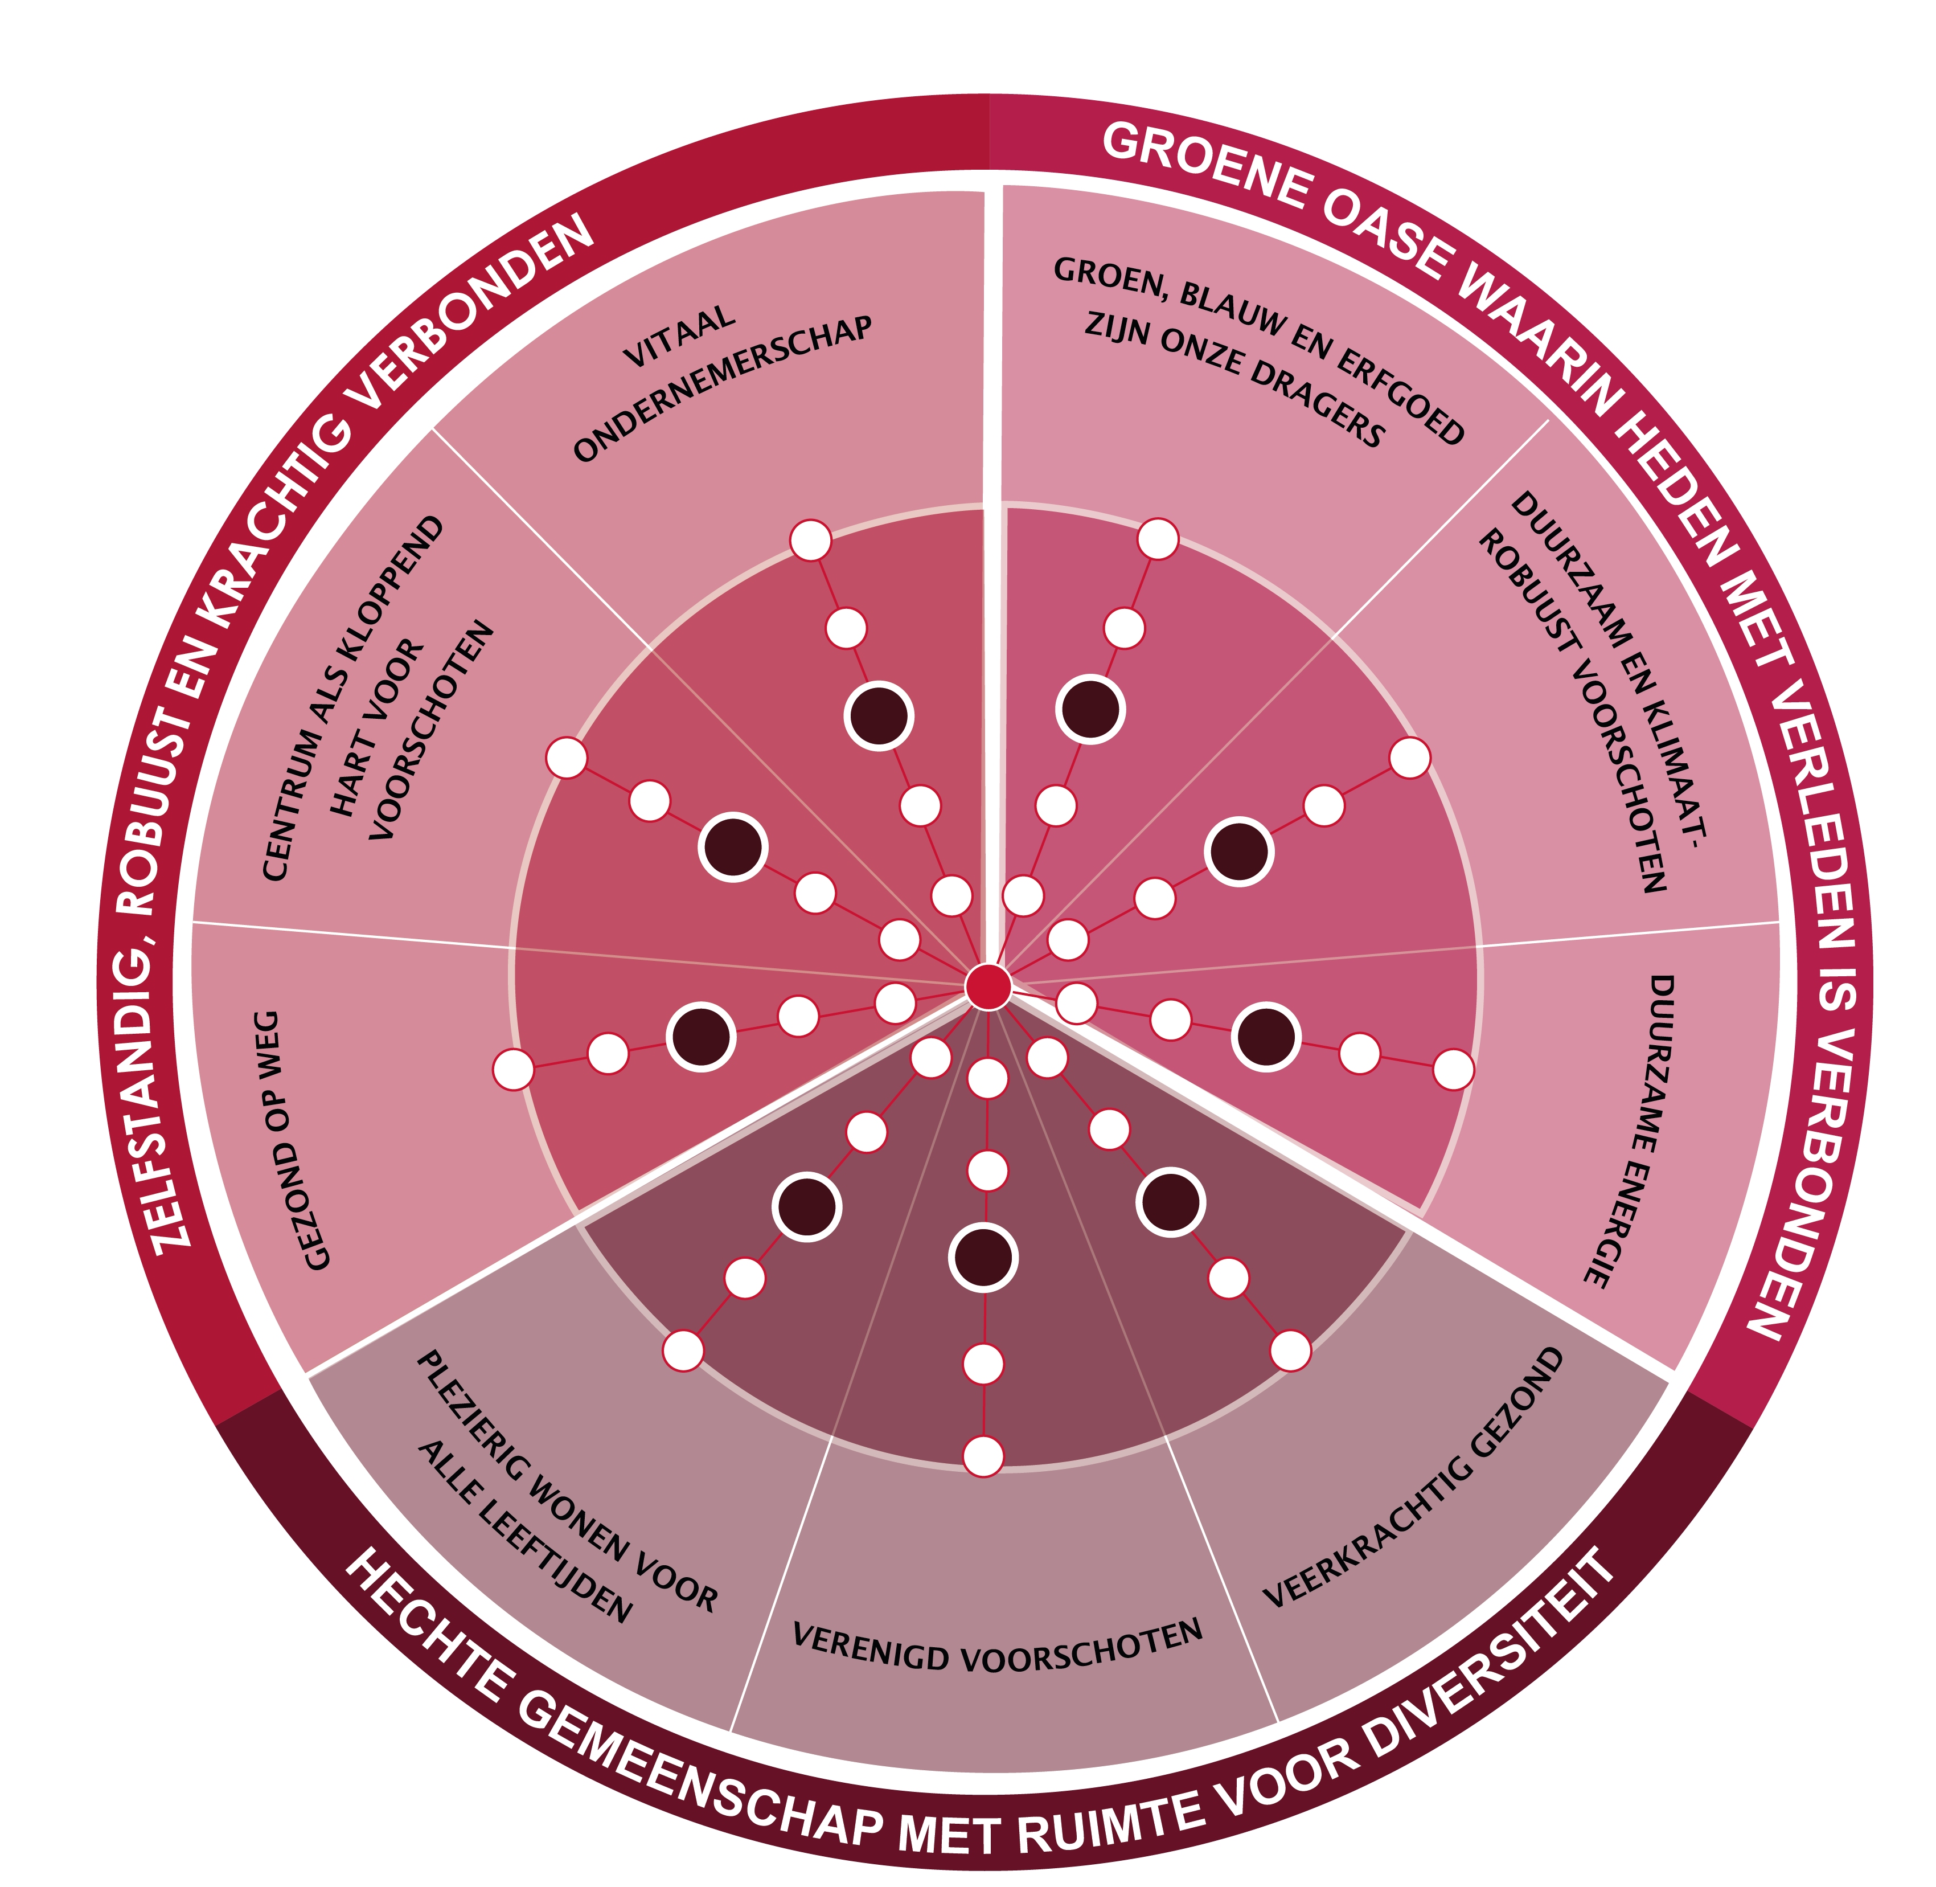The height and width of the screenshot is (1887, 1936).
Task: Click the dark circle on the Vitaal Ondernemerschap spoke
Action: pyautogui.click(x=879, y=715)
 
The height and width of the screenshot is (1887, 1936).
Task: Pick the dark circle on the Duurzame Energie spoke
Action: pyautogui.click(x=1266, y=1037)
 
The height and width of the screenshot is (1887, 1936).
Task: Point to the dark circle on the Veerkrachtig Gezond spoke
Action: pyautogui.click(x=1171, y=1202)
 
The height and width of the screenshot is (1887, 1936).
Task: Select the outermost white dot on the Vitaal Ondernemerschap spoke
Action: pyautogui.click(x=810, y=540)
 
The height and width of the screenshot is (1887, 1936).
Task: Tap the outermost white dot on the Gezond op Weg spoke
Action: pyautogui.click(x=513, y=1069)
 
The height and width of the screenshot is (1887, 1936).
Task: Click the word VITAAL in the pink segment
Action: pyautogui.click(x=680, y=337)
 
